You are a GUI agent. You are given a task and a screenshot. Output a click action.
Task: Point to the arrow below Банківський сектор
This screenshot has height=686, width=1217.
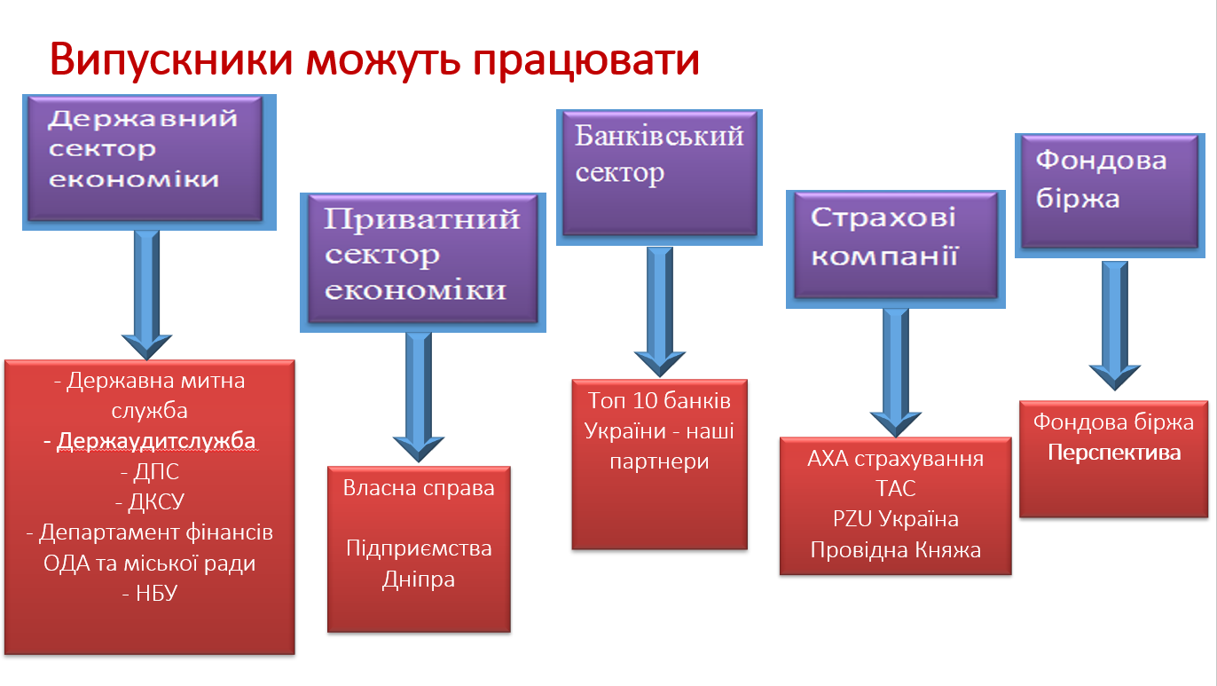[660, 311]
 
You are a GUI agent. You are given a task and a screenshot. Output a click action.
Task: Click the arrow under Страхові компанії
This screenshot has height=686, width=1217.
[895, 373]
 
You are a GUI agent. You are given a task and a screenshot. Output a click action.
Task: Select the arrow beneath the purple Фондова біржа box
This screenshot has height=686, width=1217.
[1114, 326]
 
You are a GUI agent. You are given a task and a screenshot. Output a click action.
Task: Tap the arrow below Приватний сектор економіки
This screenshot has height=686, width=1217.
[419, 397]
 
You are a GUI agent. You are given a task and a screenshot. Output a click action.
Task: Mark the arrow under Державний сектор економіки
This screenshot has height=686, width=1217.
[146, 296]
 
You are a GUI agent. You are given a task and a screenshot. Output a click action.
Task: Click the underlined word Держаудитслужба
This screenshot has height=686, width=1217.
[156, 441]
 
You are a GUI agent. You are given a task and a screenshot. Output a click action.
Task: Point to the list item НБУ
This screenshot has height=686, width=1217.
[156, 593]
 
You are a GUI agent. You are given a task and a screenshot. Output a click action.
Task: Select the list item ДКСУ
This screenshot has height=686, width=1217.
[156, 501]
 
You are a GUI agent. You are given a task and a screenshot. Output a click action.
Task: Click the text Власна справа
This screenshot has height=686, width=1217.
[419, 488]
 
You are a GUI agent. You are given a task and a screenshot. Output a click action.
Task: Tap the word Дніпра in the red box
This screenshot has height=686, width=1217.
[419, 580]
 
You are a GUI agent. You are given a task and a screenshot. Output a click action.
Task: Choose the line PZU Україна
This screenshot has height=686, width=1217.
[895, 519]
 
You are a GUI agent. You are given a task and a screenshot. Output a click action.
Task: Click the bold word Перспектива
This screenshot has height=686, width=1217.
[1114, 453]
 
